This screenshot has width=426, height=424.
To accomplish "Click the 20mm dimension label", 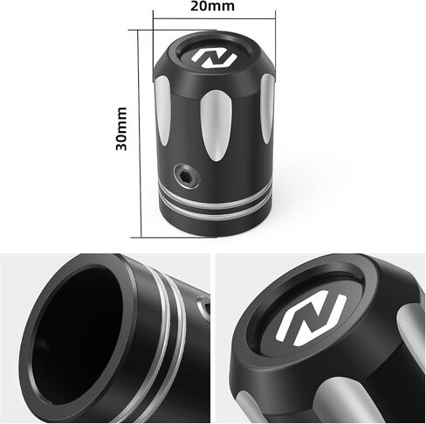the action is click(x=212, y=6).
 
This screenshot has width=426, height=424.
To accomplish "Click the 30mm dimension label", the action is click(x=121, y=129).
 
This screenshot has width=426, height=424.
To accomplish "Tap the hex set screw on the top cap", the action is click(x=187, y=176).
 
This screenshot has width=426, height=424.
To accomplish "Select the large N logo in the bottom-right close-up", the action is click(x=312, y=318).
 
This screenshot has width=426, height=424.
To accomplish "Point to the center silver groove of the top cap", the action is click(x=216, y=126).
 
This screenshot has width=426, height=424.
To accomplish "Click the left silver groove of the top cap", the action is click(x=162, y=111).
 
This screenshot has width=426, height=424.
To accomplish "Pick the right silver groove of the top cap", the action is click(x=267, y=108).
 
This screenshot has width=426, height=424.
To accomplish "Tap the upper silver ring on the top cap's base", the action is click(x=216, y=195).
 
